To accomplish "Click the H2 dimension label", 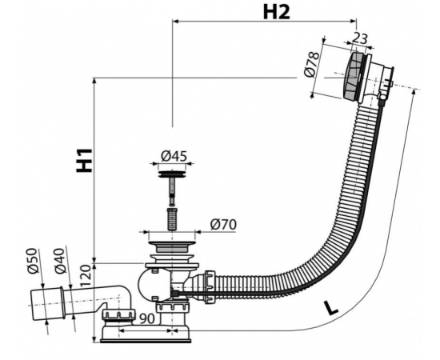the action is pos(277,13).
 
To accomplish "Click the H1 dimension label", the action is pos(84,160).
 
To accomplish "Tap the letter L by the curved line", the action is pos(330,307).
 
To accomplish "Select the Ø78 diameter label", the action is pos(312,65).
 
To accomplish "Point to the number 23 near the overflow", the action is pos(358,38).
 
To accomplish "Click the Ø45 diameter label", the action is pos(174,156).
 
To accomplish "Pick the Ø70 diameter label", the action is pos(223,225).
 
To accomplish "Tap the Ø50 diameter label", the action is pos(33,261).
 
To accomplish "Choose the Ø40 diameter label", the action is pos(60,261).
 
